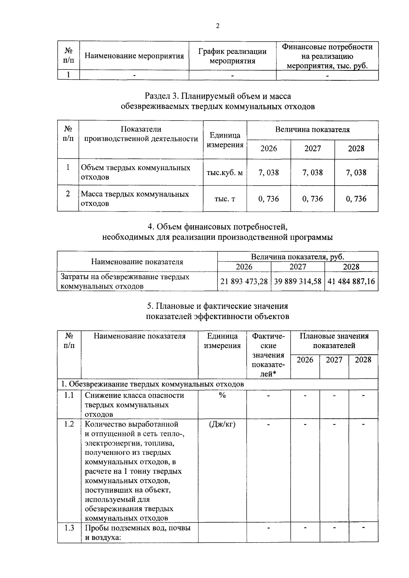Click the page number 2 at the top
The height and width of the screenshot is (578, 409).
(217, 26)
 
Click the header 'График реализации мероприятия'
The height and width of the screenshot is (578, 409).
(232, 56)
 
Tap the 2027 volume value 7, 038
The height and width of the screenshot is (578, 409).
(312, 173)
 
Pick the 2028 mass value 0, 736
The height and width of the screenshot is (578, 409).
(356, 199)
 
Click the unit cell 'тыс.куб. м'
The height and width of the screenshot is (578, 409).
(225, 173)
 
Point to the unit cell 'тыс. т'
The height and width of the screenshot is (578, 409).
(225, 199)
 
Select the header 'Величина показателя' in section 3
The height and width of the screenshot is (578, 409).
(312, 130)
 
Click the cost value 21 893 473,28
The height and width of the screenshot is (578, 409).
(244, 282)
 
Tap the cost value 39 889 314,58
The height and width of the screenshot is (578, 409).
(298, 282)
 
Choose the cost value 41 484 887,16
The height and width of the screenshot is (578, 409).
(351, 282)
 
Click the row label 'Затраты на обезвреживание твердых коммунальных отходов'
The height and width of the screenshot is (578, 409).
(125, 282)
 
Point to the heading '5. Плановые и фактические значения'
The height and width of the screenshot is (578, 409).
(217, 306)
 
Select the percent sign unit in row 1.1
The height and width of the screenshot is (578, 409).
(222, 395)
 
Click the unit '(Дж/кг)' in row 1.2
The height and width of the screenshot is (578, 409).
(222, 424)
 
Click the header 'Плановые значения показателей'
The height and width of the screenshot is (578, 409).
(334, 341)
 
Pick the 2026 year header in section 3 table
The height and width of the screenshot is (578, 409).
(269, 149)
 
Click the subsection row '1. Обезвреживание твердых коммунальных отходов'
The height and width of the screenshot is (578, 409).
(152, 384)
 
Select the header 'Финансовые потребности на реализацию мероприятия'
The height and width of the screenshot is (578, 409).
(327, 56)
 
